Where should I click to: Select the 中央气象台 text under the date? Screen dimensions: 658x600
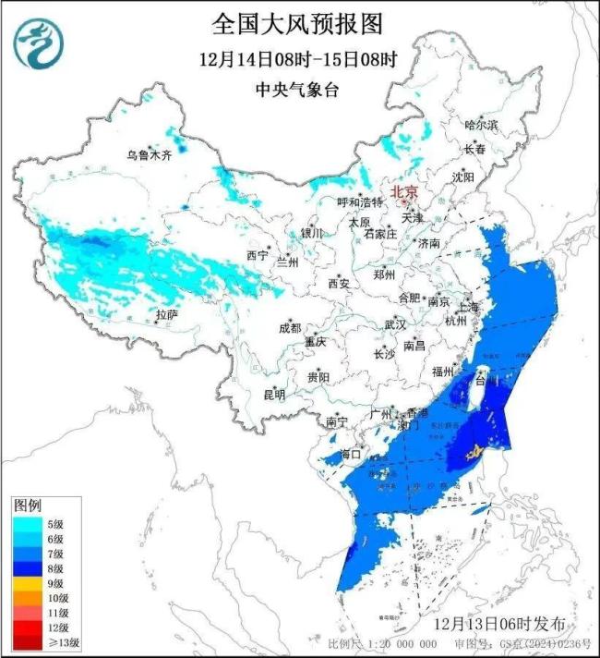point(297,90)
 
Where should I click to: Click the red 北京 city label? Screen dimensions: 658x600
point(404,191)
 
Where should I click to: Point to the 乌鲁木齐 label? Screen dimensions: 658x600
point(150,155)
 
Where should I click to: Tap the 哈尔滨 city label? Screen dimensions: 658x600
point(481,124)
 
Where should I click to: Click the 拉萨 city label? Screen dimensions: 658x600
point(166,315)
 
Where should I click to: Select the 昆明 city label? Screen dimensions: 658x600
point(274,395)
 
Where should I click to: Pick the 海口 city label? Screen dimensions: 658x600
point(350,455)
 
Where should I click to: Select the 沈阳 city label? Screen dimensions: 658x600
point(488,176)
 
